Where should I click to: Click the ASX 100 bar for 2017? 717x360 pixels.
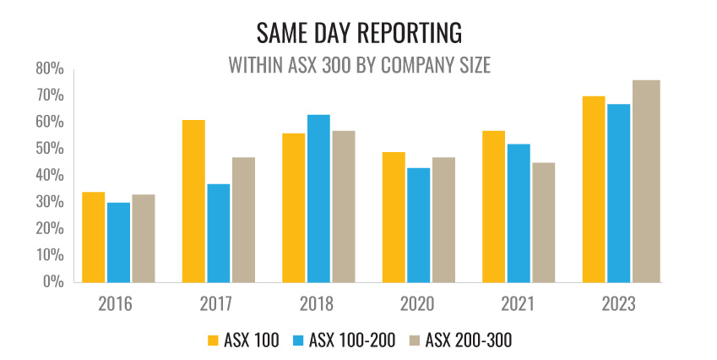(x=193, y=201)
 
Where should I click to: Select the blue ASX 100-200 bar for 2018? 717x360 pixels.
(x=318, y=199)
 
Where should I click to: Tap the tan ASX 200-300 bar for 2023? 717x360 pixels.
(x=645, y=181)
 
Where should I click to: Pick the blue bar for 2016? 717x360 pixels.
(x=118, y=242)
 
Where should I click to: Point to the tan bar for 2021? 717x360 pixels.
(x=544, y=222)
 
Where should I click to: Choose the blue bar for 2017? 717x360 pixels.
(x=218, y=233)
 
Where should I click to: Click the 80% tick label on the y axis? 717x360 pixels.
(x=50, y=68)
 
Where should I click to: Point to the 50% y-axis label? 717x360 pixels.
(x=50, y=149)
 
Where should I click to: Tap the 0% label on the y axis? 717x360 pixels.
(x=53, y=282)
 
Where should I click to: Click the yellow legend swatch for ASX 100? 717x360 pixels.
(x=213, y=341)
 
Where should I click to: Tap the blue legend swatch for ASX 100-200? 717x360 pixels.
(x=298, y=341)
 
